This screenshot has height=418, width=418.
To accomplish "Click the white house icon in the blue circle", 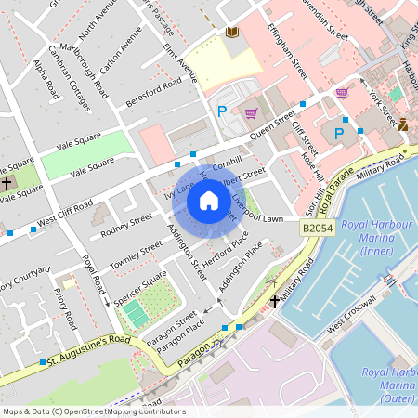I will (209, 201).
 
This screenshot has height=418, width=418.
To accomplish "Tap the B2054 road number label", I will (317, 228).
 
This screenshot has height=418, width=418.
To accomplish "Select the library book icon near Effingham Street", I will (231, 33).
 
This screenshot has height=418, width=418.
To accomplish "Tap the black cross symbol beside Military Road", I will (275, 301).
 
